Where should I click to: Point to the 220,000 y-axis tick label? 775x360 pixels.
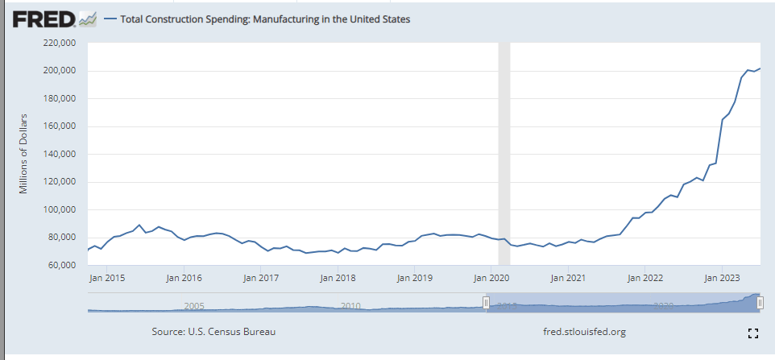point(59,43)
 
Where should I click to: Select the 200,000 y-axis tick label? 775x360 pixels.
point(59,71)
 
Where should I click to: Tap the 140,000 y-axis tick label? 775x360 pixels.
point(59,154)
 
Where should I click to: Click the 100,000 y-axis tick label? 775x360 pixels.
point(59,209)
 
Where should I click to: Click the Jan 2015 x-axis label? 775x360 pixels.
point(107,278)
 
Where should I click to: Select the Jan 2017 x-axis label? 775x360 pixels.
point(261,278)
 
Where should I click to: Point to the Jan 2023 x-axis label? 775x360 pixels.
point(722,278)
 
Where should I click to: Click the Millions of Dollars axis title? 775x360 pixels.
point(24,154)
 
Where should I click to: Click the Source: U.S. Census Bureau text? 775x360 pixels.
point(218,332)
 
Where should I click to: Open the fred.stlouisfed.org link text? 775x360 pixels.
point(585,332)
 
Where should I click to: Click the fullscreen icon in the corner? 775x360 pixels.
point(753,333)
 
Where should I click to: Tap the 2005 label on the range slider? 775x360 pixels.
point(193,306)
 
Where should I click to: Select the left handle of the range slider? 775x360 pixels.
point(486,302)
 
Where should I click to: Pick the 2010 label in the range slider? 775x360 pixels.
point(350,306)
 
